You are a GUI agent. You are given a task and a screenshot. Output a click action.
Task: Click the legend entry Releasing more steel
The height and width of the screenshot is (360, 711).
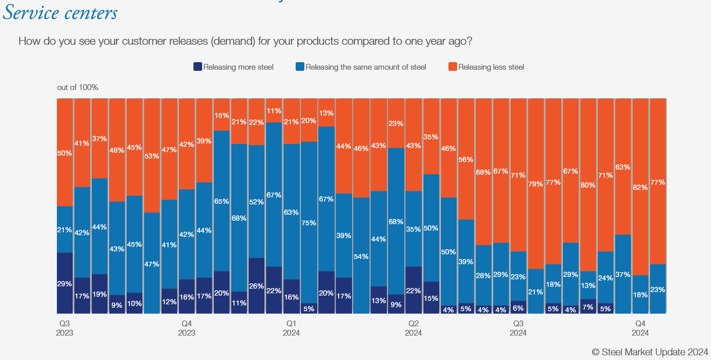(x=234, y=67)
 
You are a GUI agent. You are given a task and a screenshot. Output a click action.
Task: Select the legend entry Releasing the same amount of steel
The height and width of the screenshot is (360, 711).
(x=361, y=67)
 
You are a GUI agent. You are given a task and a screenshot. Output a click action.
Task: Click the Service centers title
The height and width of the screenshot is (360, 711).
(x=60, y=13)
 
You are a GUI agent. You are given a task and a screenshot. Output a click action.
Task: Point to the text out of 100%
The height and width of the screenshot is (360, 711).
(x=77, y=87)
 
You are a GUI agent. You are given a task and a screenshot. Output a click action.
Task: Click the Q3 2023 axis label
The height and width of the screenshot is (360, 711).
(x=65, y=328)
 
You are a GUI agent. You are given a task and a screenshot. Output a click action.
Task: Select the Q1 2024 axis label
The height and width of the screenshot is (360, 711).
(x=291, y=328)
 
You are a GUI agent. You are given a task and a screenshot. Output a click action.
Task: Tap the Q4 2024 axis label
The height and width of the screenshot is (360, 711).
(x=640, y=328)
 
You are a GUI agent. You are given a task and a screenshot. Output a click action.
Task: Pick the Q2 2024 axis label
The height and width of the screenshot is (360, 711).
(x=414, y=328)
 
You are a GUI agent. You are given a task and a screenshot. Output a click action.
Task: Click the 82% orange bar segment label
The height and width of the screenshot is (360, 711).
(x=640, y=188)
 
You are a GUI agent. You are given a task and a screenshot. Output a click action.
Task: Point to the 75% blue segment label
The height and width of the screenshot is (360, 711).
(x=309, y=223)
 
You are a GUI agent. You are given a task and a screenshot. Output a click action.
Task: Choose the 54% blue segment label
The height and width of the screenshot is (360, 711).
(x=361, y=257)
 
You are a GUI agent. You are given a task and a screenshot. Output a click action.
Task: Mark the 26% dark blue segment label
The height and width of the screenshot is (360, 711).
(x=257, y=286)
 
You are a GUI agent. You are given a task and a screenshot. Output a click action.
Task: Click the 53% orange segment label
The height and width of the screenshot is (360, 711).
(x=152, y=156)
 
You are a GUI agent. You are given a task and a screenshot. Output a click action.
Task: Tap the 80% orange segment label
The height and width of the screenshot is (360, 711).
(x=588, y=185)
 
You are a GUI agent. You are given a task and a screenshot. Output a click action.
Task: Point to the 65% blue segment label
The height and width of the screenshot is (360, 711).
(x=221, y=201)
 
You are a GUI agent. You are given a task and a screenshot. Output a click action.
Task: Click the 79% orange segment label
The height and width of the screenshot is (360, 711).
(x=536, y=184)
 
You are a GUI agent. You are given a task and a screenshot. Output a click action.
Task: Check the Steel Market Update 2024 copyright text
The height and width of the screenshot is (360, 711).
(x=650, y=351)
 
